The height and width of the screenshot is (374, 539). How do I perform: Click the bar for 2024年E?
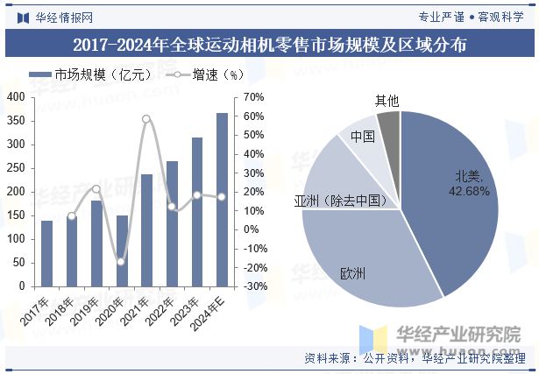tap(222, 200)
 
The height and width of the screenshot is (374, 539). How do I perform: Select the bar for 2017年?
tap(46, 253)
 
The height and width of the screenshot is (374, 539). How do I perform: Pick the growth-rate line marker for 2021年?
tap(146, 119)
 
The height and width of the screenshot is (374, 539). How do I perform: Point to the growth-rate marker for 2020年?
tap(122, 261)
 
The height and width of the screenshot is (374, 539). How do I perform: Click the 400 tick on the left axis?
tap(16, 97)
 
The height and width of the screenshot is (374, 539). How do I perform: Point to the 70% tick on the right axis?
tap(253, 97)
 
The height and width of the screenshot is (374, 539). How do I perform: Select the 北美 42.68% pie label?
tap(468, 184)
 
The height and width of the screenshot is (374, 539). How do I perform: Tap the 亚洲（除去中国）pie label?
tap(341, 201)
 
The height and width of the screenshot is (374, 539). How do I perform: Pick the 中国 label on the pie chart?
tap(363, 136)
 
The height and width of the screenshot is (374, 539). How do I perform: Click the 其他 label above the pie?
tap(387, 101)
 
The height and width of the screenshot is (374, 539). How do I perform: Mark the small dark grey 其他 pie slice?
tap(390, 126)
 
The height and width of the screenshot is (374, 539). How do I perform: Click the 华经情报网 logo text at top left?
tap(60, 16)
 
